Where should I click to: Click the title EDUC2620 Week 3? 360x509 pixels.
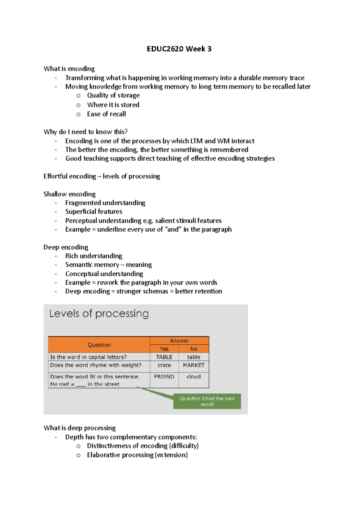tap(179, 49)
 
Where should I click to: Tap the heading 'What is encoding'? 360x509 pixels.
tap(69, 69)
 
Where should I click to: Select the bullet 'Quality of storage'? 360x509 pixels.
tap(113, 95)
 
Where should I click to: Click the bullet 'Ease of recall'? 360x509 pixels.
tap(106, 114)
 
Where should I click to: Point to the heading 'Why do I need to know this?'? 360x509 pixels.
tap(85, 132)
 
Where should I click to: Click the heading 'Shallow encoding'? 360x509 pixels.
tap(69, 194)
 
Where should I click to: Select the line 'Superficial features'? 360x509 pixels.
tap(94, 212)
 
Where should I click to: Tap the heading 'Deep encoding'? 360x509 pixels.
tap(66, 247)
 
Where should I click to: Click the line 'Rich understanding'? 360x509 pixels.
tap(94, 256)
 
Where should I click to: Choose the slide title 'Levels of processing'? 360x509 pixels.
tap(99, 314)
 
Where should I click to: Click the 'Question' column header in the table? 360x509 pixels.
tap(99, 345)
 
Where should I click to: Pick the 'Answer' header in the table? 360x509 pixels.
tap(179, 341)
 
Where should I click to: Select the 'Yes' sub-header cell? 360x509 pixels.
tap(164, 349)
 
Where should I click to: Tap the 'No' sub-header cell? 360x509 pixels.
tap(194, 349)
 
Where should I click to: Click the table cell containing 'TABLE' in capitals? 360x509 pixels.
tap(164, 357)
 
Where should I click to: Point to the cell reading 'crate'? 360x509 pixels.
tap(164, 365)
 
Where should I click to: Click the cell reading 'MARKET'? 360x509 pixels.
tap(194, 365)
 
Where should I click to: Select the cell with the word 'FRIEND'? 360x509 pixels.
tap(164, 377)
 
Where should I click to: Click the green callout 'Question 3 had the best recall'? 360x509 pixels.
tap(207, 401)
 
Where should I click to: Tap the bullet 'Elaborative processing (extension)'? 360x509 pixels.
tap(137, 455)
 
